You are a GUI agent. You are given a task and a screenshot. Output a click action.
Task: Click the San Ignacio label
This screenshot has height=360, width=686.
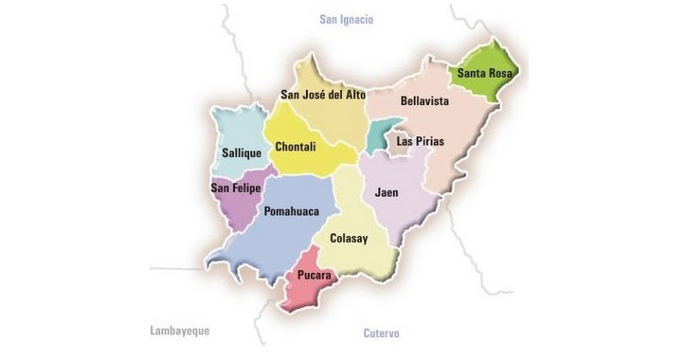pos(347,19)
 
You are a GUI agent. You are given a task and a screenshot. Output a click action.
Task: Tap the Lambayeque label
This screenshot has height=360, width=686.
pos(180,331)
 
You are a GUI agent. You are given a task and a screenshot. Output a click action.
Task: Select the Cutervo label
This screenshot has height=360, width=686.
pos(382,333)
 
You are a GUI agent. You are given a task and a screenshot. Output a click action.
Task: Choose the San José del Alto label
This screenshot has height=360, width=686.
pos(323,94)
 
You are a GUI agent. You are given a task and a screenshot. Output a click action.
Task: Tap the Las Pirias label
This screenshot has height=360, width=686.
pos(421,140)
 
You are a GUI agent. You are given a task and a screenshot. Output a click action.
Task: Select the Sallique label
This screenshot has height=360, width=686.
pos(241,152)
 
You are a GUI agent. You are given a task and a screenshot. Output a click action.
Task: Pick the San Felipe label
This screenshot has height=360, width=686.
pos(235,188)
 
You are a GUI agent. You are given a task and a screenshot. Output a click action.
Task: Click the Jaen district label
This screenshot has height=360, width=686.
pos(387,192)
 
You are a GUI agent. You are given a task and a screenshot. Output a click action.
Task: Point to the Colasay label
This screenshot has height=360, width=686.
pos(348,238)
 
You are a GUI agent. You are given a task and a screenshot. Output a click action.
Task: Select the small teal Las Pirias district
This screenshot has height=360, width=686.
pos(380,135)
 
